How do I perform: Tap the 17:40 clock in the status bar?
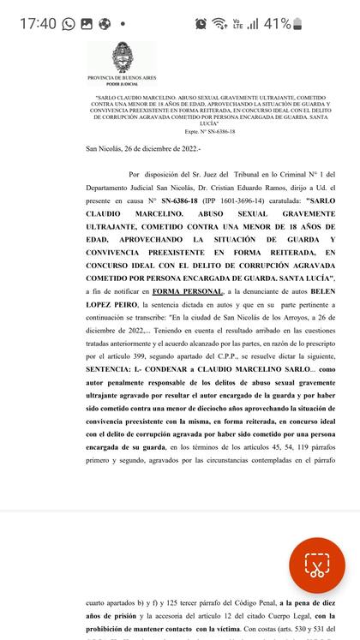point(38,24)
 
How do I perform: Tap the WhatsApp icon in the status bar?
point(69,24)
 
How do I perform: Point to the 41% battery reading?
point(277,24)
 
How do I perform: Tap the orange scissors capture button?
point(316,566)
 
